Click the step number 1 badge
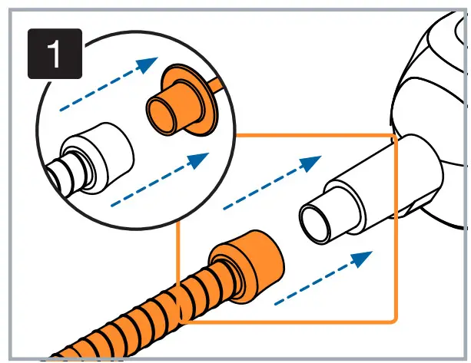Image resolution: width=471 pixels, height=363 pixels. tap(55, 53)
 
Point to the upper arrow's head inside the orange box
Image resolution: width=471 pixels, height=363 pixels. tap(310, 163)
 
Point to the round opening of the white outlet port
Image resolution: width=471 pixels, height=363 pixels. tap(313, 223)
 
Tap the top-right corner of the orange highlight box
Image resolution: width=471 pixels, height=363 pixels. tap(394, 137)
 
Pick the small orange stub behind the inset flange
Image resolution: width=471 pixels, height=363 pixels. tap(217, 84)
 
